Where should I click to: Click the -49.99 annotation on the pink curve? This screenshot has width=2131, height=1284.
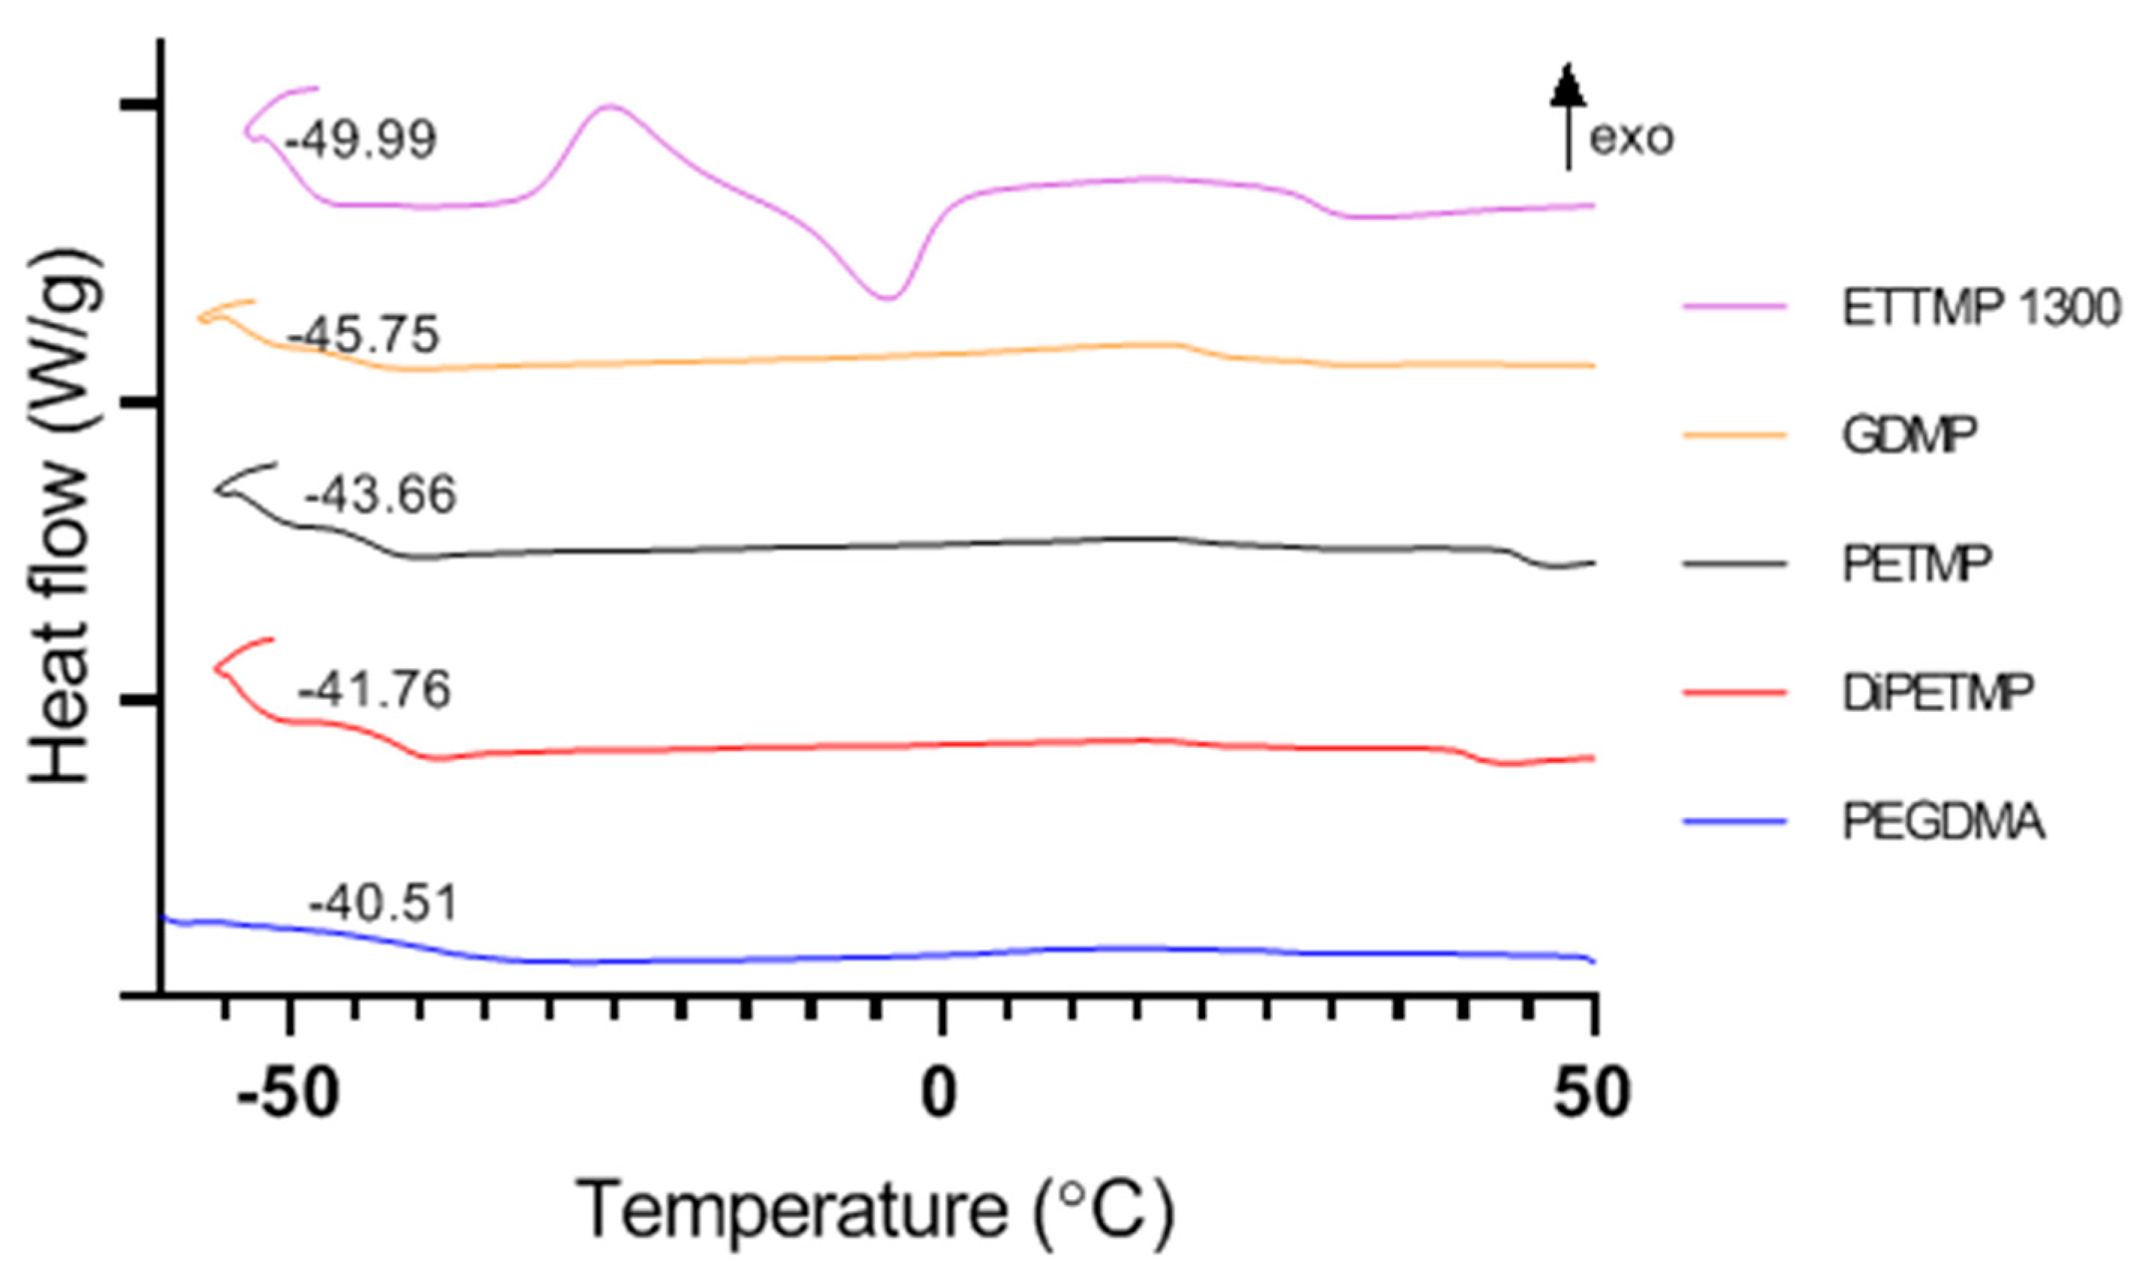point(360,140)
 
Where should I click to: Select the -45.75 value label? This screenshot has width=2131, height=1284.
point(363,336)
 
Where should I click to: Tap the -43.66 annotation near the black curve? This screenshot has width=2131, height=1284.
point(380,496)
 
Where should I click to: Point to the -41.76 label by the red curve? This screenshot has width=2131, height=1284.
point(375,691)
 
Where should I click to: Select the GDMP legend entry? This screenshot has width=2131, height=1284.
point(1909,436)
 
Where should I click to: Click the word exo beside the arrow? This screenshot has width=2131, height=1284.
point(1631,138)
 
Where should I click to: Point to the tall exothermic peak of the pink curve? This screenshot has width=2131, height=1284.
point(610,107)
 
